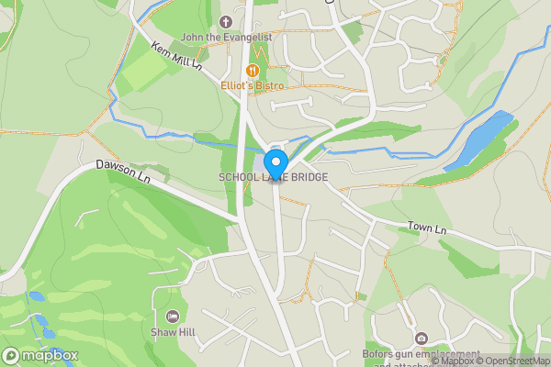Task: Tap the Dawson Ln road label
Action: (x=122, y=171)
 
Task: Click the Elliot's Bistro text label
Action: (x=252, y=85)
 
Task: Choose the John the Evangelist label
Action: (x=226, y=37)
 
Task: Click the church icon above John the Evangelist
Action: (x=226, y=21)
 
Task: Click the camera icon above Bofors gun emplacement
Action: (x=422, y=339)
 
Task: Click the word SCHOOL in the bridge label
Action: (x=239, y=177)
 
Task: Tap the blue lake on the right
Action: (x=479, y=139)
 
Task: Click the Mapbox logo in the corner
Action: (x=40, y=355)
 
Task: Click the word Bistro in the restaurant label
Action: (x=269, y=85)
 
